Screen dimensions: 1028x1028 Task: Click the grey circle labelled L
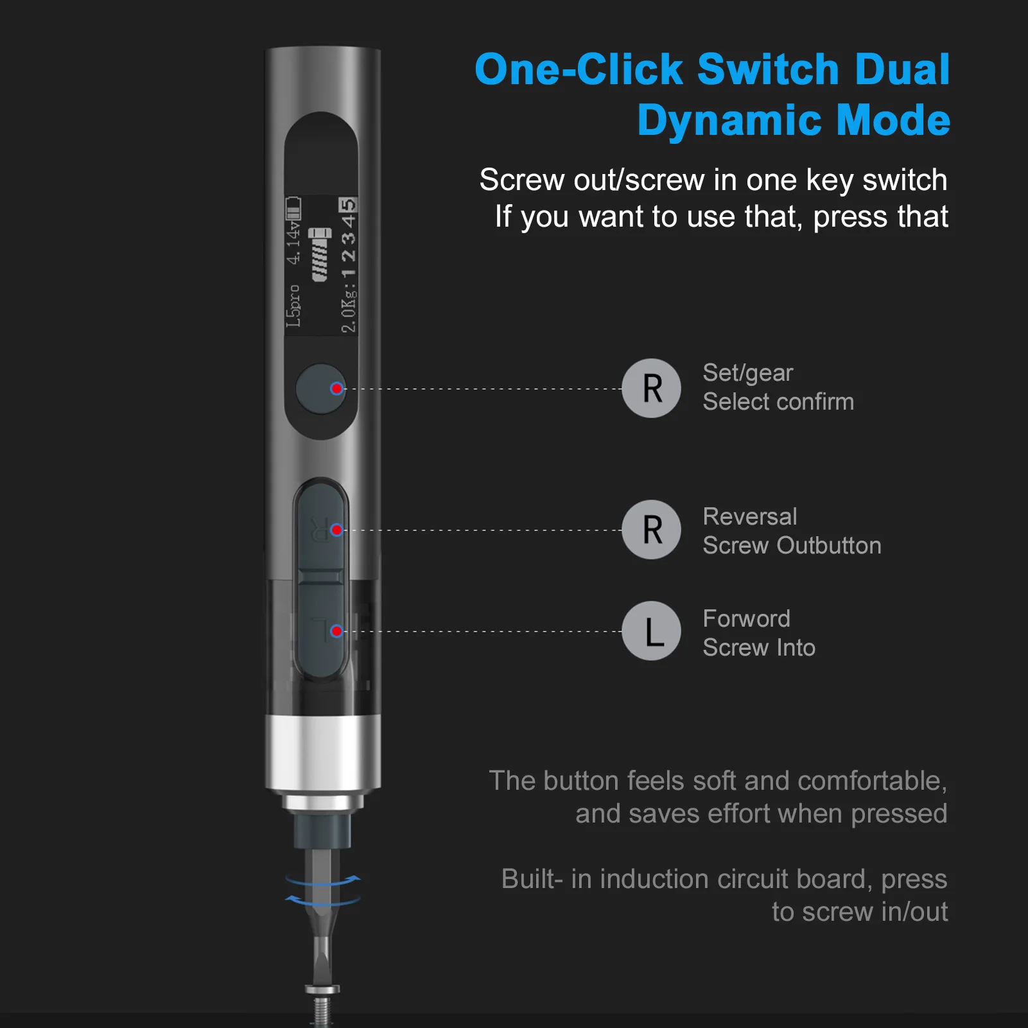click(x=651, y=631)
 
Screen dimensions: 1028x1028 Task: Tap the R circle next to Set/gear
click(x=651, y=388)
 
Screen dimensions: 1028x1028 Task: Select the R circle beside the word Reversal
click(x=651, y=530)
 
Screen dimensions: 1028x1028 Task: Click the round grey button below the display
click(x=320, y=389)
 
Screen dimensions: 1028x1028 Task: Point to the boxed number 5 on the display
click(x=347, y=205)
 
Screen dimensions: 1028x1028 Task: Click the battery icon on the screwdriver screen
click(x=293, y=209)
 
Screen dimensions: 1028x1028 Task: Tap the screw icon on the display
click(x=320, y=254)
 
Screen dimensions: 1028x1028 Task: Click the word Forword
click(x=746, y=618)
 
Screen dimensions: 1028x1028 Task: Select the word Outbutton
click(x=828, y=546)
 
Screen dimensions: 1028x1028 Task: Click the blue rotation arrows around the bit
click(x=323, y=890)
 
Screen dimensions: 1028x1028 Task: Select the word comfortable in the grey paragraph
click(x=871, y=781)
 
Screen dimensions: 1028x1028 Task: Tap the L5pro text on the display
click(x=293, y=306)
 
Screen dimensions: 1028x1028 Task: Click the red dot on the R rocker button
click(x=336, y=530)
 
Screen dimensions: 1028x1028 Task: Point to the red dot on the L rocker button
click(x=336, y=631)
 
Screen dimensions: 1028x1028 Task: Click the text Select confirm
click(x=778, y=402)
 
